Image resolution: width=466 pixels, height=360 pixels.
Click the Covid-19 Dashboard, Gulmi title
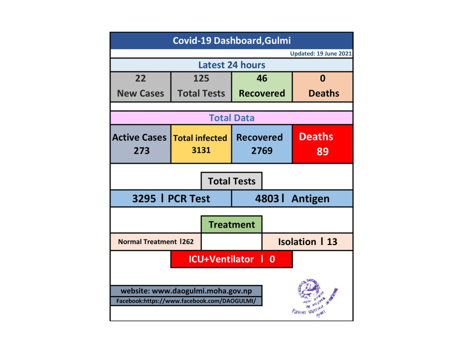[232, 41]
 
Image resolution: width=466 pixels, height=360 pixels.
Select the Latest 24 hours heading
[232, 65]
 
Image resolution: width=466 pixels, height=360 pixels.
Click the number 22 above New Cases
[140, 78]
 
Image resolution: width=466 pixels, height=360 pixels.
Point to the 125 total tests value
[201, 78]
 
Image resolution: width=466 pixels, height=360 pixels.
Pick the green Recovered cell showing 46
[262, 86]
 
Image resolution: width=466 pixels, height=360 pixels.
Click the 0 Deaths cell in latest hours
[323, 86]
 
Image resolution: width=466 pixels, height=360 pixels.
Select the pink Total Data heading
[232, 118]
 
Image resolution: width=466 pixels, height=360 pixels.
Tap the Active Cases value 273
[140, 151]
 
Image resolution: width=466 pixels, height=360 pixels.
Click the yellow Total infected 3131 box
[201, 144]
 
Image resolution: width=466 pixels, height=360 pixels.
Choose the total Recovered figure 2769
[262, 150]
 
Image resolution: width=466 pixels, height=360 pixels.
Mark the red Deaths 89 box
[323, 144]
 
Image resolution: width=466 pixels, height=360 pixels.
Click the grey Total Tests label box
[232, 181]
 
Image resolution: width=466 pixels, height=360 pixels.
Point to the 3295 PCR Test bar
[171, 199]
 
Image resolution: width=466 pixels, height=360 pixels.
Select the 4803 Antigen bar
[292, 199]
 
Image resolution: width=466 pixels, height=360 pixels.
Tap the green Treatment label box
[232, 225]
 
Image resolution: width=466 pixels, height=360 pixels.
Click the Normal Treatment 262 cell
[156, 242]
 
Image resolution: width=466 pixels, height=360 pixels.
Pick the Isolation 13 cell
[307, 242]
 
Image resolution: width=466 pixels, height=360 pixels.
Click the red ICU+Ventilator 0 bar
[232, 259]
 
